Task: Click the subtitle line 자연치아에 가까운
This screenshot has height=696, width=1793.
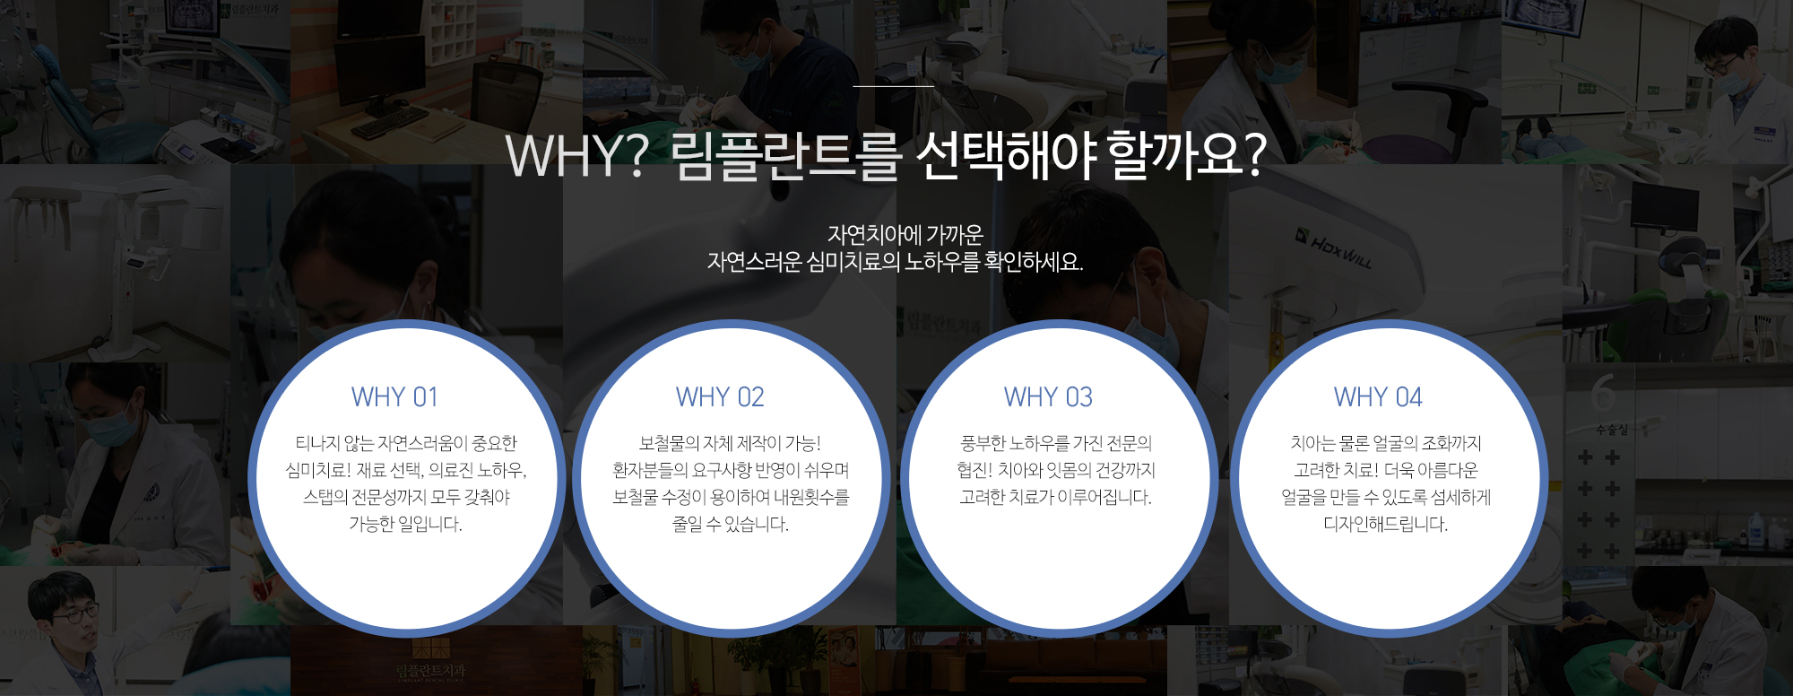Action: click(x=905, y=235)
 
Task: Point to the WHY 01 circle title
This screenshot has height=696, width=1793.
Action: click(x=394, y=397)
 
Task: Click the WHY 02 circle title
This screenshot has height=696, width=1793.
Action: click(x=720, y=397)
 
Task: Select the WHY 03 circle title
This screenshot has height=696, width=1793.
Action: click(x=1048, y=397)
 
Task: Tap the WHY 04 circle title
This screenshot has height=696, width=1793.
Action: click(x=1378, y=397)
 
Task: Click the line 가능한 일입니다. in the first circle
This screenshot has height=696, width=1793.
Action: click(x=405, y=524)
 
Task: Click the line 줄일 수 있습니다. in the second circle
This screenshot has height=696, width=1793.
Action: click(x=731, y=524)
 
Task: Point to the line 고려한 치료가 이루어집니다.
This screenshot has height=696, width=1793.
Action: click(x=1056, y=497)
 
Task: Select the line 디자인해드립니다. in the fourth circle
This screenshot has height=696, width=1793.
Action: click(x=1386, y=524)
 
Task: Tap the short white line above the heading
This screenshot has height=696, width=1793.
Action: click(x=893, y=86)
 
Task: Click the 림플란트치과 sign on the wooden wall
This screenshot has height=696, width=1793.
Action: click(x=430, y=671)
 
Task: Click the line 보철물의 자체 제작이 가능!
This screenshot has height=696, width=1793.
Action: click(x=730, y=443)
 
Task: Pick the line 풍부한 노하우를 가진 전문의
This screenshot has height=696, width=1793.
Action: click(x=1056, y=443)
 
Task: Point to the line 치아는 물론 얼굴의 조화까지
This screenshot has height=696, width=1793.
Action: click(x=1386, y=443)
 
